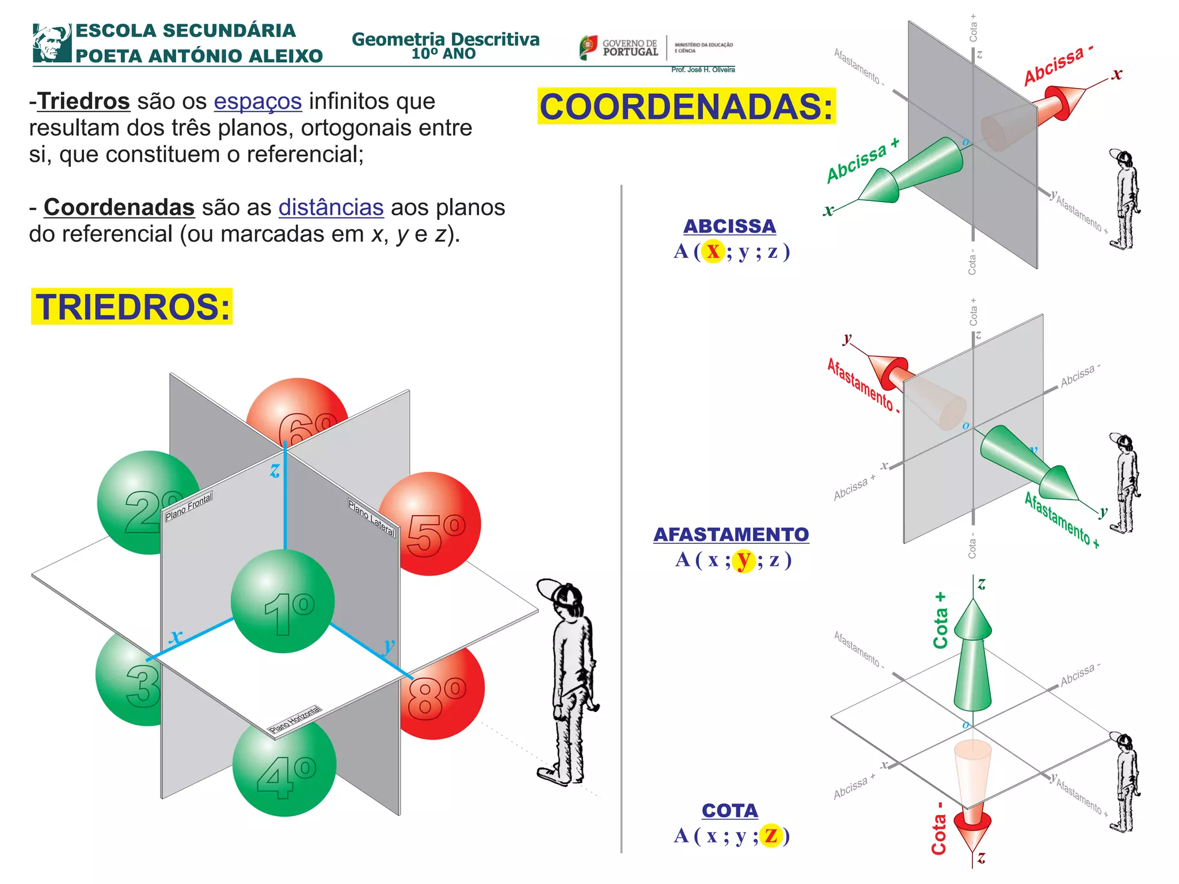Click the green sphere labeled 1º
[x=283, y=601]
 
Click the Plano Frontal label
[x=189, y=506]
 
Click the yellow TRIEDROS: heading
[x=132, y=307]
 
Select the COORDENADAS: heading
[x=686, y=106]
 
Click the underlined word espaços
[x=258, y=101]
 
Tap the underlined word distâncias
[x=331, y=207]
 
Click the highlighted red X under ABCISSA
[x=713, y=251]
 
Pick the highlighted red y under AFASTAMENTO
[x=744, y=559]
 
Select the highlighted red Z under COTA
[x=771, y=835]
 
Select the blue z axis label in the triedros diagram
[x=275, y=471]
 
